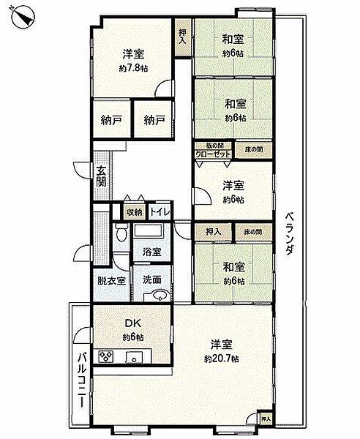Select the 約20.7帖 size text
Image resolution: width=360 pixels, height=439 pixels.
pos(222,359)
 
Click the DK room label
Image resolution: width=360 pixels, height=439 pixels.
pos(132,323)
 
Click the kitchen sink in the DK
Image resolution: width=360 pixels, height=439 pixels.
pos(135,358)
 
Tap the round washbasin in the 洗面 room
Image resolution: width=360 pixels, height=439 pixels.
pos(158,296)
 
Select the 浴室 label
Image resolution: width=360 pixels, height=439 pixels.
pos(151,252)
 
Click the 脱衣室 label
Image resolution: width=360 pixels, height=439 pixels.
pos(110,280)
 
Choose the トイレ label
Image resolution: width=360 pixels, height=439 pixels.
pos(160,212)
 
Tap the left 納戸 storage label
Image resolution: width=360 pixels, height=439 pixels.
pos(111,121)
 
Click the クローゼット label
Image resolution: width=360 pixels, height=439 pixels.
pos(213,154)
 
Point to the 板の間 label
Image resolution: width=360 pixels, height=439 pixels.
pos(213,146)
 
